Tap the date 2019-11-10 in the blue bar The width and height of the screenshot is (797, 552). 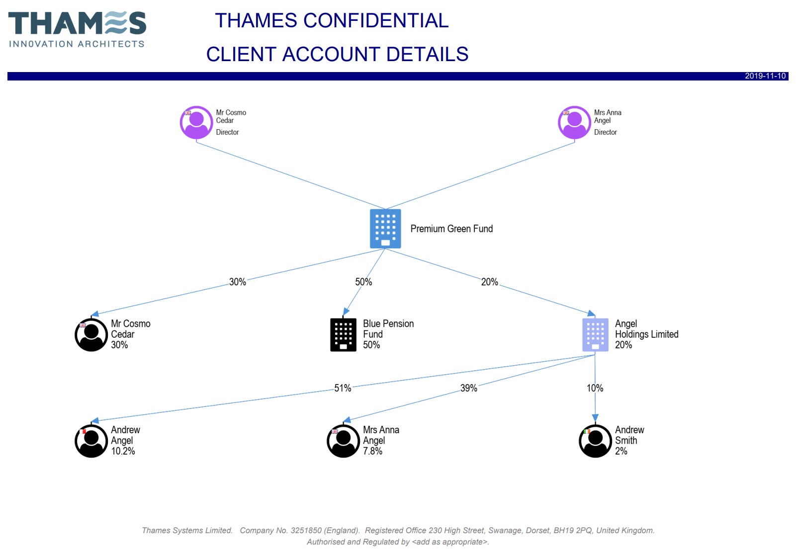pyautogui.click(x=765, y=76)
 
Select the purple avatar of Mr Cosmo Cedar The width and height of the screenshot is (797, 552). pyautogui.click(x=196, y=123)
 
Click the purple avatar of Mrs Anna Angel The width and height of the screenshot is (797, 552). pyautogui.click(x=574, y=123)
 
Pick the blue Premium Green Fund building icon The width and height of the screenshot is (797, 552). pyautogui.click(x=385, y=229)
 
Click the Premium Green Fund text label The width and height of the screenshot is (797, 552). pyautogui.click(x=451, y=229)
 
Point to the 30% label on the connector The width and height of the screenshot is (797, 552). pyautogui.click(x=238, y=282)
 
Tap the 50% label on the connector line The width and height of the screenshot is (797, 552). pyautogui.click(x=363, y=282)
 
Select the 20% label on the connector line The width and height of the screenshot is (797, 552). pyautogui.click(x=489, y=282)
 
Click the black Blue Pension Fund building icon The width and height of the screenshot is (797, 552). pyautogui.click(x=343, y=335)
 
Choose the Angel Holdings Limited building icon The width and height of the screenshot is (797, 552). pyautogui.click(x=595, y=335)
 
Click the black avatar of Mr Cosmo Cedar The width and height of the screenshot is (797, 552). pyautogui.click(x=91, y=335)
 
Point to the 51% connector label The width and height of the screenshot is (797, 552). pyautogui.click(x=343, y=389)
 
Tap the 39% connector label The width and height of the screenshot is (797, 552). pyautogui.click(x=468, y=389)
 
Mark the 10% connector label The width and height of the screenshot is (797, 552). pyautogui.click(x=595, y=389)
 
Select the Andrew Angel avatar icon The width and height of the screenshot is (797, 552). pyautogui.click(x=91, y=441)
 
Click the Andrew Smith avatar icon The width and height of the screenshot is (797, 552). pyautogui.click(x=595, y=441)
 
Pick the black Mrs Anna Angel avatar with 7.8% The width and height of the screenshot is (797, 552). pyautogui.click(x=343, y=441)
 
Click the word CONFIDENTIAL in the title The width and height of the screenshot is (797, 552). pyautogui.click(x=376, y=21)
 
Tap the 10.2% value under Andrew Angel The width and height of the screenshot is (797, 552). pyautogui.click(x=123, y=452)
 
